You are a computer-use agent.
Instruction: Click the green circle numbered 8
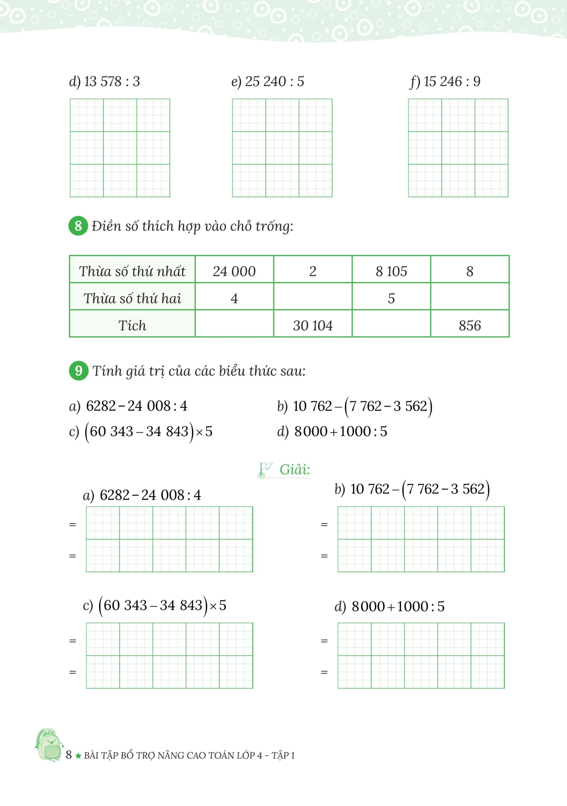pos(78,226)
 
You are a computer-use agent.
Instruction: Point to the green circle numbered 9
pos(79,371)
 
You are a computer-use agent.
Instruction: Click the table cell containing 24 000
pos(234,271)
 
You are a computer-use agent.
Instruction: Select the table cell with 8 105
pos(391,271)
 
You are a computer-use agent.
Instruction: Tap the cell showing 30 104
pos(312,325)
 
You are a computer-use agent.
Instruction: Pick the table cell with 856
pos(470,325)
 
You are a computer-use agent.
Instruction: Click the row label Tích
pos(132,325)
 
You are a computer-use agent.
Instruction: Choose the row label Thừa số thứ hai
pos(132,298)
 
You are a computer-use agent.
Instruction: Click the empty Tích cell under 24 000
pos(234,324)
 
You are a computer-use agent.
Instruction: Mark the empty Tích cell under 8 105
pos(391,324)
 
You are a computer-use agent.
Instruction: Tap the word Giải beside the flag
pos(295,469)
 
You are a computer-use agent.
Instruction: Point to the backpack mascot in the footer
pos(49,745)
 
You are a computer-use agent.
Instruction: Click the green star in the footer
pos(78,756)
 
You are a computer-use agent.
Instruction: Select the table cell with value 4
pos(234,298)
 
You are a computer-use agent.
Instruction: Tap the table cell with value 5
pos(391,298)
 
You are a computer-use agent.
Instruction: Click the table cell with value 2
pos(312,271)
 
